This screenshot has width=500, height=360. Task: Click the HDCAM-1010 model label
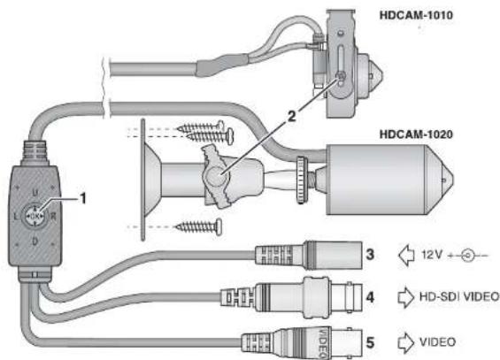click(x=416, y=15)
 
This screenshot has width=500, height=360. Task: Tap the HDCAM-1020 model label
click(x=416, y=134)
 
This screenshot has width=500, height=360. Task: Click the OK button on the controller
click(x=35, y=216)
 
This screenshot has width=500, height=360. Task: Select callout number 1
click(x=83, y=198)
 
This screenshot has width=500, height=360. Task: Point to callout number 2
click(x=291, y=116)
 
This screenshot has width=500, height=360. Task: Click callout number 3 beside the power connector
click(x=370, y=254)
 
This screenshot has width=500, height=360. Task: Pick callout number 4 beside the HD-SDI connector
click(x=370, y=297)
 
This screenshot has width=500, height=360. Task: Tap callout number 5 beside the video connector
click(x=370, y=343)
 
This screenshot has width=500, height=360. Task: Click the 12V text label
click(x=432, y=255)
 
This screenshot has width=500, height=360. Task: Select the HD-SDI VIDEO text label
click(x=459, y=296)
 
